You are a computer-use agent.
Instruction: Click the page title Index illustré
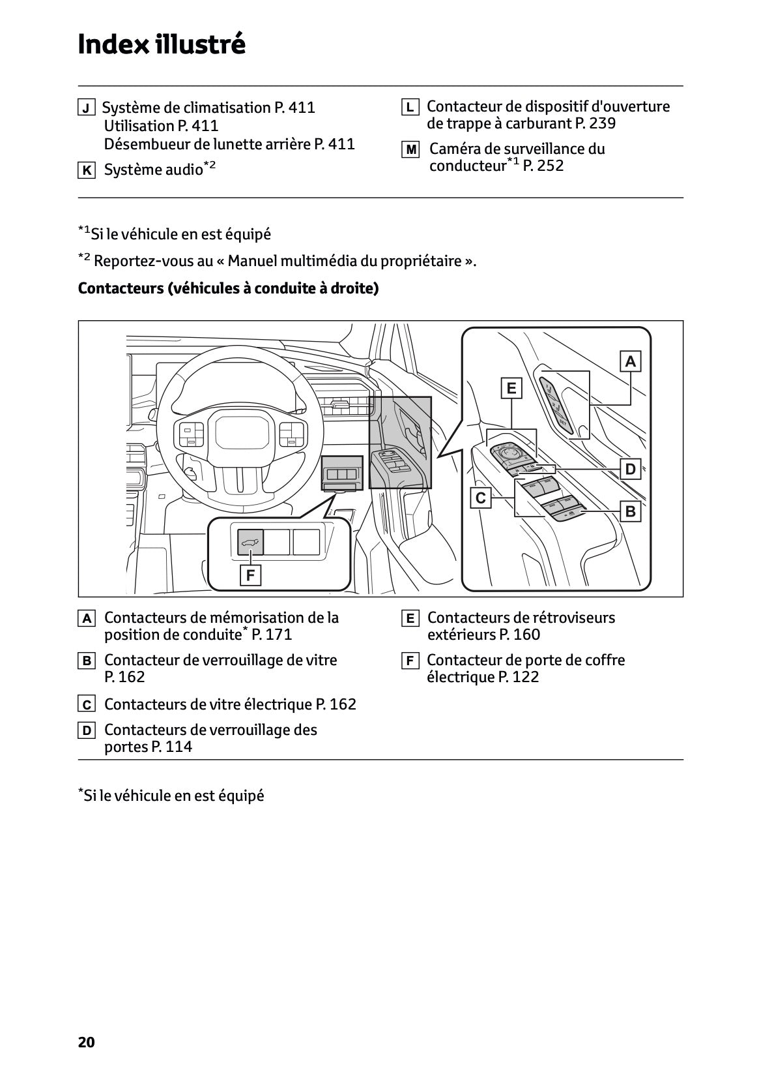point(162,44)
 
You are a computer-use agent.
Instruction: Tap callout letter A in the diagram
point(630,361)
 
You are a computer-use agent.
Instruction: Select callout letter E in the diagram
point(511,389)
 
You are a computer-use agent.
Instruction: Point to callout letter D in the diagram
point(630,469)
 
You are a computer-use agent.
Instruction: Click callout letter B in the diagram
point(630,512)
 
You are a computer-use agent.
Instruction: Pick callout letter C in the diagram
point(481,499)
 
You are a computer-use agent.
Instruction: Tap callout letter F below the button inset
point(250,576)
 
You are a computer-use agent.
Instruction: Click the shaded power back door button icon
point(250,542)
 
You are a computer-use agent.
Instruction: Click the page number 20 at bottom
point(86,1042)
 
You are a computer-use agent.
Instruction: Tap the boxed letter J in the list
point(86,108)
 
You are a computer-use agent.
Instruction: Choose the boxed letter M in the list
point(411,150)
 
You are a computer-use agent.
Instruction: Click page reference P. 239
point(595,123)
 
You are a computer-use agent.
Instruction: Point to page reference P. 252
point(543,166)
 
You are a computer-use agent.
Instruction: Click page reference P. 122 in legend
point(519,677)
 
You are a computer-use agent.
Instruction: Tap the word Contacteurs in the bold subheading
point(120,288)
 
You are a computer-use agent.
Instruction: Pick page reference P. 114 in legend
point(172,747)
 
